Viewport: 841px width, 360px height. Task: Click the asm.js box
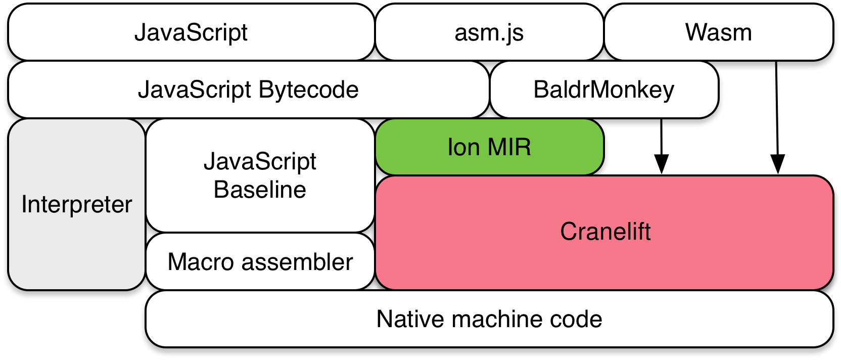pos(489,32)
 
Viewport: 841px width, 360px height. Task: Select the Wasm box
pos(718,32)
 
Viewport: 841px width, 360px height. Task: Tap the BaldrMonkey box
pos(604,89)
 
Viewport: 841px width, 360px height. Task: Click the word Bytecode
pos(308,89)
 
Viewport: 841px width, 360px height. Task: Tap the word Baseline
pos(260,190)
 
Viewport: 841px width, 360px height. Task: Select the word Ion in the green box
pos(463,147)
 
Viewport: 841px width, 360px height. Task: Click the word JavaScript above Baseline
pos(260,162)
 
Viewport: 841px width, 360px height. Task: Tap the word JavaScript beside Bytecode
pos(195,89)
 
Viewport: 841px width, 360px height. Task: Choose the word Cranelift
pos(605,232)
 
